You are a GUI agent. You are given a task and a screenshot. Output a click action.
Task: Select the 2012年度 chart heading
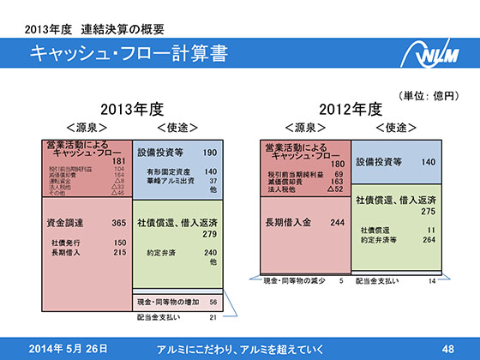350,110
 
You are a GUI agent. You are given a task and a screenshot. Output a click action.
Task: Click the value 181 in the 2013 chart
119,160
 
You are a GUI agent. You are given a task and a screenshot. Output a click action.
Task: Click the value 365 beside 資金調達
119,223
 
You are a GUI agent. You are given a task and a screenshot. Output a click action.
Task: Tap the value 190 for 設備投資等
210,153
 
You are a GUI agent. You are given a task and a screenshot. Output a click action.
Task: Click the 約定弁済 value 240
210,254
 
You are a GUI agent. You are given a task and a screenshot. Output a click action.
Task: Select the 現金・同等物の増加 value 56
213,303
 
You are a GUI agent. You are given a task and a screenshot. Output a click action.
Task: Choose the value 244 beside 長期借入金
337,223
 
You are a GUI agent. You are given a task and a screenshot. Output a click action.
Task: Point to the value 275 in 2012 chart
428,211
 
